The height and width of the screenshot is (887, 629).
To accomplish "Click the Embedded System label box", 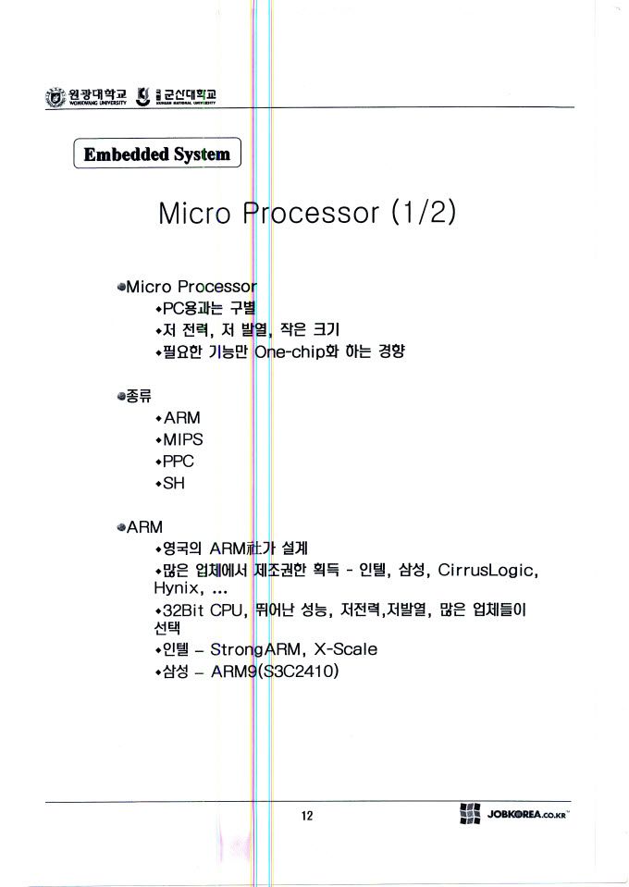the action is point(156,154).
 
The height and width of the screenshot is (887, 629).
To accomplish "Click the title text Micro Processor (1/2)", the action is point(307,214).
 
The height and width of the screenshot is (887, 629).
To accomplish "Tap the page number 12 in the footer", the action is point(307,816).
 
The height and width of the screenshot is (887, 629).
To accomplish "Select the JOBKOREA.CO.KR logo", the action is point(513,815).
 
